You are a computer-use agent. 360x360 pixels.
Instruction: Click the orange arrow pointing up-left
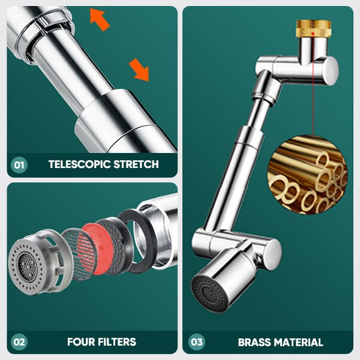point(100,19)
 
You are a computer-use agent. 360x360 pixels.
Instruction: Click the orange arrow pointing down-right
point(139,70)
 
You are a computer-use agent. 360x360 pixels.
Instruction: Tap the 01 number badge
point(19,164)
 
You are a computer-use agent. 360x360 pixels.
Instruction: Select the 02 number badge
point(19,342)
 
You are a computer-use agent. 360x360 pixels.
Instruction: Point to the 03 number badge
point(197,342)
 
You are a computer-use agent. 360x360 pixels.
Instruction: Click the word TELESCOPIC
point(79,164)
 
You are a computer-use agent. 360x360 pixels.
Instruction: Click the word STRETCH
point(136,164)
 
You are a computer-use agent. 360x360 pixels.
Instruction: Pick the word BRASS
point(254,343)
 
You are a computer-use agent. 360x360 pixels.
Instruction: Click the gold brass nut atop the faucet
point(314,29)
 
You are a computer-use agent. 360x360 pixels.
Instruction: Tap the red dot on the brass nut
point(313,34)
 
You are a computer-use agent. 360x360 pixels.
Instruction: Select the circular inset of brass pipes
point(307,175)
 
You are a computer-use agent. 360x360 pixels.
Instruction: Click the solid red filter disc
point(98,248)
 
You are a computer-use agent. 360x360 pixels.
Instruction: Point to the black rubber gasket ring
point(138,241)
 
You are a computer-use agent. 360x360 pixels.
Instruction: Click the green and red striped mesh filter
point(79,254)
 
